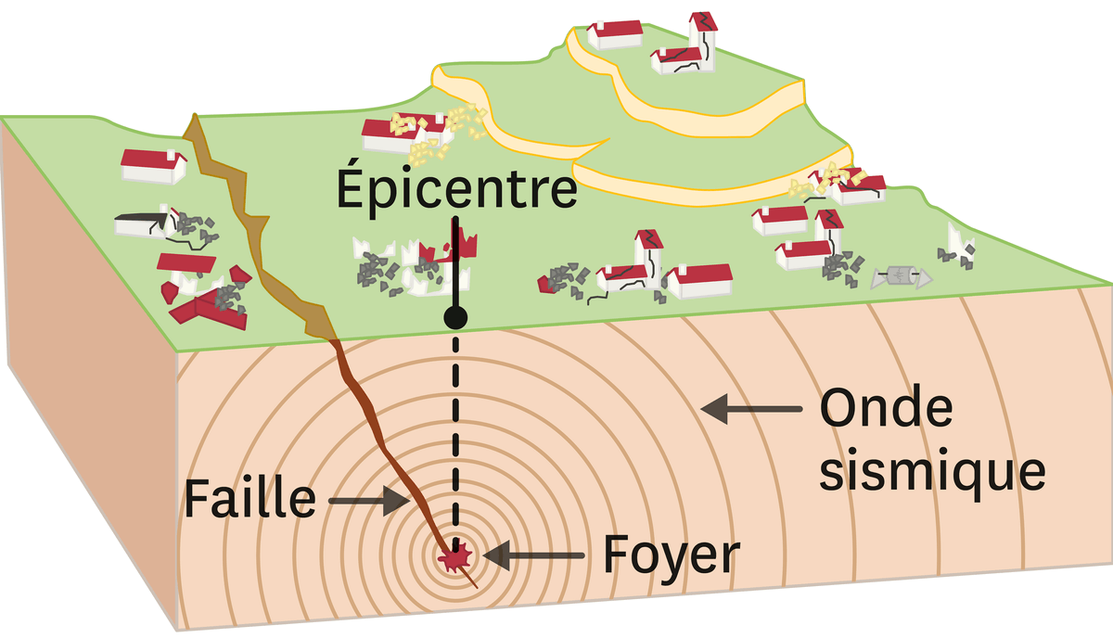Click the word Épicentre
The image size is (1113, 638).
pos(456,189)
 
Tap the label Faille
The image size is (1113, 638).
pos(249,499)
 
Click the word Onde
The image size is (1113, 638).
pos(885,409)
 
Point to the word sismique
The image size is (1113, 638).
pos(932,470)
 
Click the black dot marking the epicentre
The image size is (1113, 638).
pos(455,318)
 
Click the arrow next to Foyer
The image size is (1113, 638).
pos(533,556)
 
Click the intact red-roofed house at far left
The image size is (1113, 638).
pos(153,165)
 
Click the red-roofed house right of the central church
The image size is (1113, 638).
pos(699,279)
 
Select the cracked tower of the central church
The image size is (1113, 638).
pos(647,255)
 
